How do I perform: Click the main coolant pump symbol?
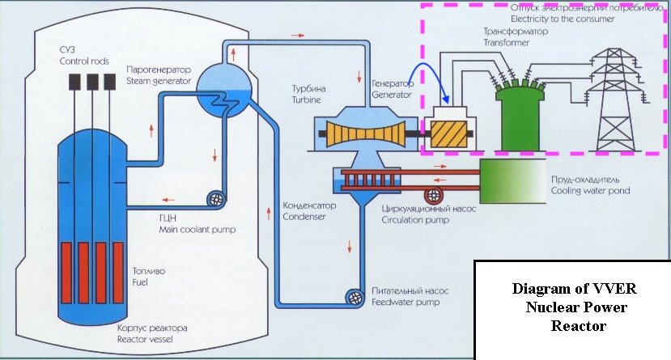216,199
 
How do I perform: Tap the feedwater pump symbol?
355,297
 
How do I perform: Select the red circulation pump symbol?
434,196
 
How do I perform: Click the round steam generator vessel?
224,91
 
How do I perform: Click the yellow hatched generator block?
448,133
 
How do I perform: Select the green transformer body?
520,117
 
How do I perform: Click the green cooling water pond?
512,181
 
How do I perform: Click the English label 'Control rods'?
84,61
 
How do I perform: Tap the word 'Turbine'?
307,100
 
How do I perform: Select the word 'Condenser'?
304,217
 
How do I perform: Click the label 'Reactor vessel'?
145,340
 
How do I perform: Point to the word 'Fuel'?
140,282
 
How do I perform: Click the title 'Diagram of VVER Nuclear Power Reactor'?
575,307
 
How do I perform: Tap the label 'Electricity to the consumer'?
563,19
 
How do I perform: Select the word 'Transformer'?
507,42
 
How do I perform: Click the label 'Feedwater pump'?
406,303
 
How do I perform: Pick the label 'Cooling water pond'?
591,191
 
